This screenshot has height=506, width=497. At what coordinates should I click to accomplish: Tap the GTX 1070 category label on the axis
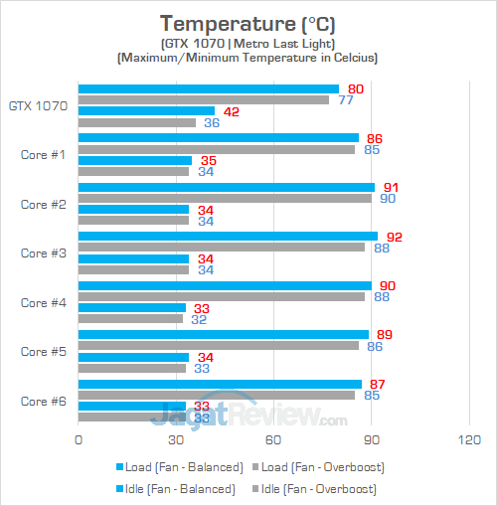[x=38, y=105]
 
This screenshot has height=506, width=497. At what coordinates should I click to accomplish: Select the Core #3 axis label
[x=43, y=253]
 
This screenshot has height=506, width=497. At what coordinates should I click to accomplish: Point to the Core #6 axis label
[x=43, y=401]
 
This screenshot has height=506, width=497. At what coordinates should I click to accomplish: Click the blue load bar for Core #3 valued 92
[x=228, y=236]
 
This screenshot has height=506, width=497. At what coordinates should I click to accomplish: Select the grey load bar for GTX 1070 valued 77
[x=203, y=99]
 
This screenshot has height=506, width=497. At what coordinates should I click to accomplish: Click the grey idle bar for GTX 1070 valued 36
[x=136, y=123]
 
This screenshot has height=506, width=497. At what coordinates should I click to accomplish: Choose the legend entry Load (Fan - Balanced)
[x=180, y=466]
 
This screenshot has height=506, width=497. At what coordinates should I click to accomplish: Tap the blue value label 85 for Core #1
[x=372, y=150]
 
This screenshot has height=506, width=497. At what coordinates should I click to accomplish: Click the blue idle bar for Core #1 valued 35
[x=134, y=160]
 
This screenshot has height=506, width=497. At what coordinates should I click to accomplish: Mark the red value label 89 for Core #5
[x=383, y=334]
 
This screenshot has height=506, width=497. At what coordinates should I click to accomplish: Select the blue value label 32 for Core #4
[x=199, y=319]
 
